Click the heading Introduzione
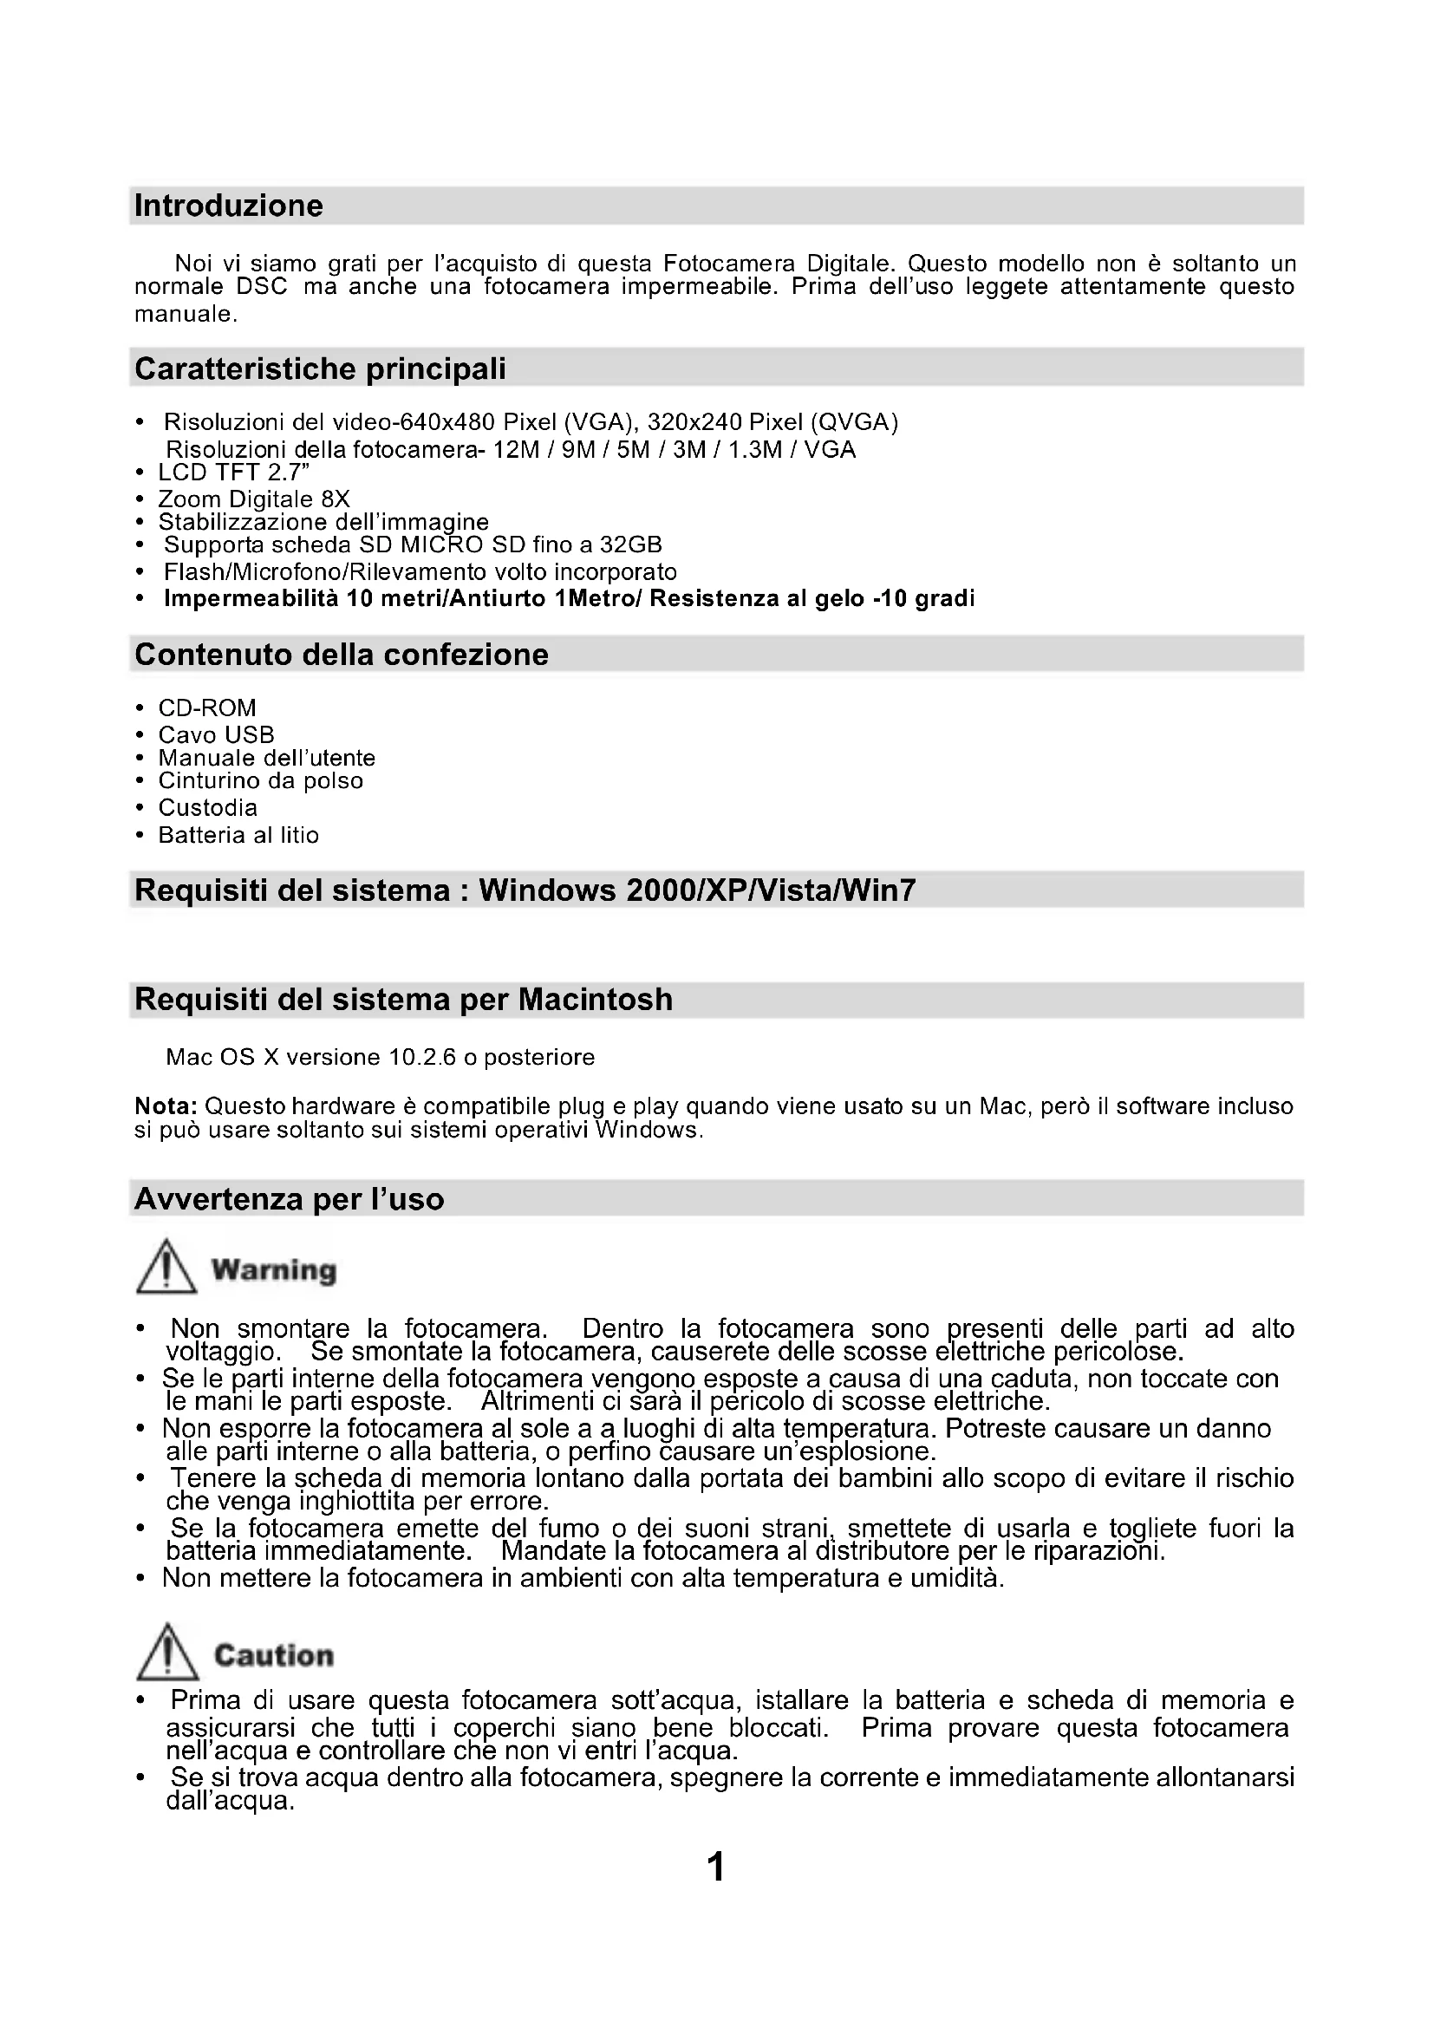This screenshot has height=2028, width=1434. (229, 205)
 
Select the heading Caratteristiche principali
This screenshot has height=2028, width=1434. (321, 368)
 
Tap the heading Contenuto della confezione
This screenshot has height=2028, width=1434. (342, 655)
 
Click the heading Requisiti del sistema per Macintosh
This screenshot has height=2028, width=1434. (403, 1000)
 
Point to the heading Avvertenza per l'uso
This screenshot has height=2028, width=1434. (289, 1199)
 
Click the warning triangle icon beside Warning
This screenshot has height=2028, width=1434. (166, 1268)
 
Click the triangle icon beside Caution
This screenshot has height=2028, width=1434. (166, 1653)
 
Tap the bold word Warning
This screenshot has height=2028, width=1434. (274, 1270)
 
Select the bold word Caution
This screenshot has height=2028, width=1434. (274, 1655)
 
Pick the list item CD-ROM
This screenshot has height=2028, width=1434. (207, 708)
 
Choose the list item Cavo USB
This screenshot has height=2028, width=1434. (217, 735)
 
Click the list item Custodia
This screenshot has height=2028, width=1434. (208, 807)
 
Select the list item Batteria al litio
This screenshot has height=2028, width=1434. (238, 835)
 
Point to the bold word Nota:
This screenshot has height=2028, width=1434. (166, 1105)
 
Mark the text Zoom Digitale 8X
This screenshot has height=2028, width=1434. (254, 499)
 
